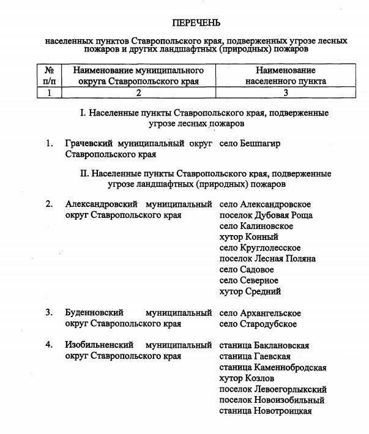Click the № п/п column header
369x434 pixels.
point(50,75)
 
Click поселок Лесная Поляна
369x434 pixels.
point(267,258)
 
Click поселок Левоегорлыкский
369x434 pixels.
point(273,389)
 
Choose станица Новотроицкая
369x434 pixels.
point(266,411)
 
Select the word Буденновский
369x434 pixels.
point(94,313)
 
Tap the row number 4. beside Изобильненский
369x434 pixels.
point(50,345)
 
